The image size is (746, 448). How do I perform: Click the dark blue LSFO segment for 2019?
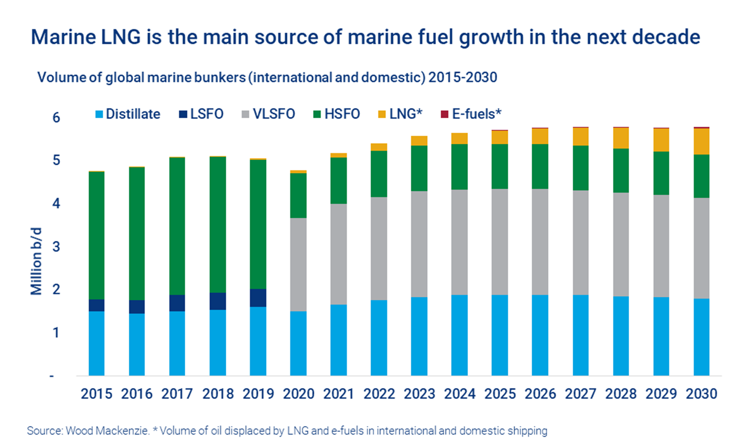[x=258, y=298]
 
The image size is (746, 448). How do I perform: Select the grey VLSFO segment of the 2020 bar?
[x=298, y=264]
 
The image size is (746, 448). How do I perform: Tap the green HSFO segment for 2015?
[x=97, y=235]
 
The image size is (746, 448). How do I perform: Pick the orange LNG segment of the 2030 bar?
[x=701, y=141]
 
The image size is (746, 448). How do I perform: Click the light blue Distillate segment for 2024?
[x=459, y=335]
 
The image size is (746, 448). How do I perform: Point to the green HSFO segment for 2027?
[x=580, y=168]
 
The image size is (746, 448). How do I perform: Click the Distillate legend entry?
[x=128, y=114]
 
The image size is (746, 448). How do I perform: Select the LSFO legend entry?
[x=201, y=114]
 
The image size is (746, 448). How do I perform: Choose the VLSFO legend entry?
[x=269, y=114]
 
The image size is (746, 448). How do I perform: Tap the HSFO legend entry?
[x=337, y=114]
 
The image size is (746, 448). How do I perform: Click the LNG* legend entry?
[x=400, y=114]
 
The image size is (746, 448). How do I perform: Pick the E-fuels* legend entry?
[x=471, y=114]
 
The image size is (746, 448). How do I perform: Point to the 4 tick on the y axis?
[x=56, y=203]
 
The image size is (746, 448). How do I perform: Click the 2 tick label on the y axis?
[x=56, y=289]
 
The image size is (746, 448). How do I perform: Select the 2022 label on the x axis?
[x=379, y=394]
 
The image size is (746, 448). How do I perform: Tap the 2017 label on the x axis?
[x=177, y=394]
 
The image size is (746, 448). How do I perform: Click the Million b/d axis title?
[x=36, y=261]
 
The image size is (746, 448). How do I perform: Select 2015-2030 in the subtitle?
[x=463, y=78]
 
